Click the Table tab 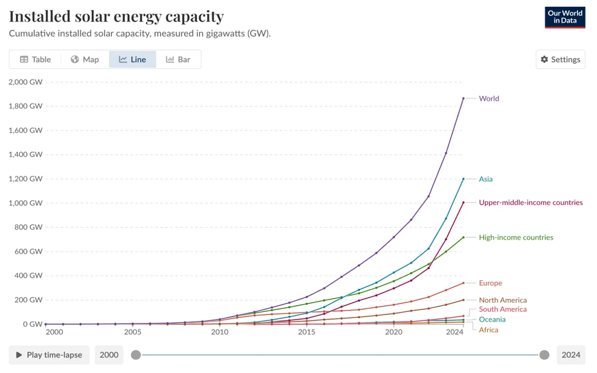pos(35,60)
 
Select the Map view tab pos(85,60)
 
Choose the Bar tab pos(178,60)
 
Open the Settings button pos(560,60)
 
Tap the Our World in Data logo pos(565,17)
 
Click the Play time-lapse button pos(49,355)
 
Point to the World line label pos(489,99)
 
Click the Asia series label pos(486,179)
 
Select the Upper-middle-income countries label pos(531,203)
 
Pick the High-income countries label pos(516,238)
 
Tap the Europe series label pos(490,283)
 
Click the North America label pos(503,300)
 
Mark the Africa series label pos(488,330)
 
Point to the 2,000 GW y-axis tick pos(26,82)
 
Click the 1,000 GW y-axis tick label pos(26,203)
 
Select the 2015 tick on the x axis pos(307,332)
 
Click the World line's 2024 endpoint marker pos(463,99)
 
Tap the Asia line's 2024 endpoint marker pos(463,179)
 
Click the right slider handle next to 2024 pos(544,355)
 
